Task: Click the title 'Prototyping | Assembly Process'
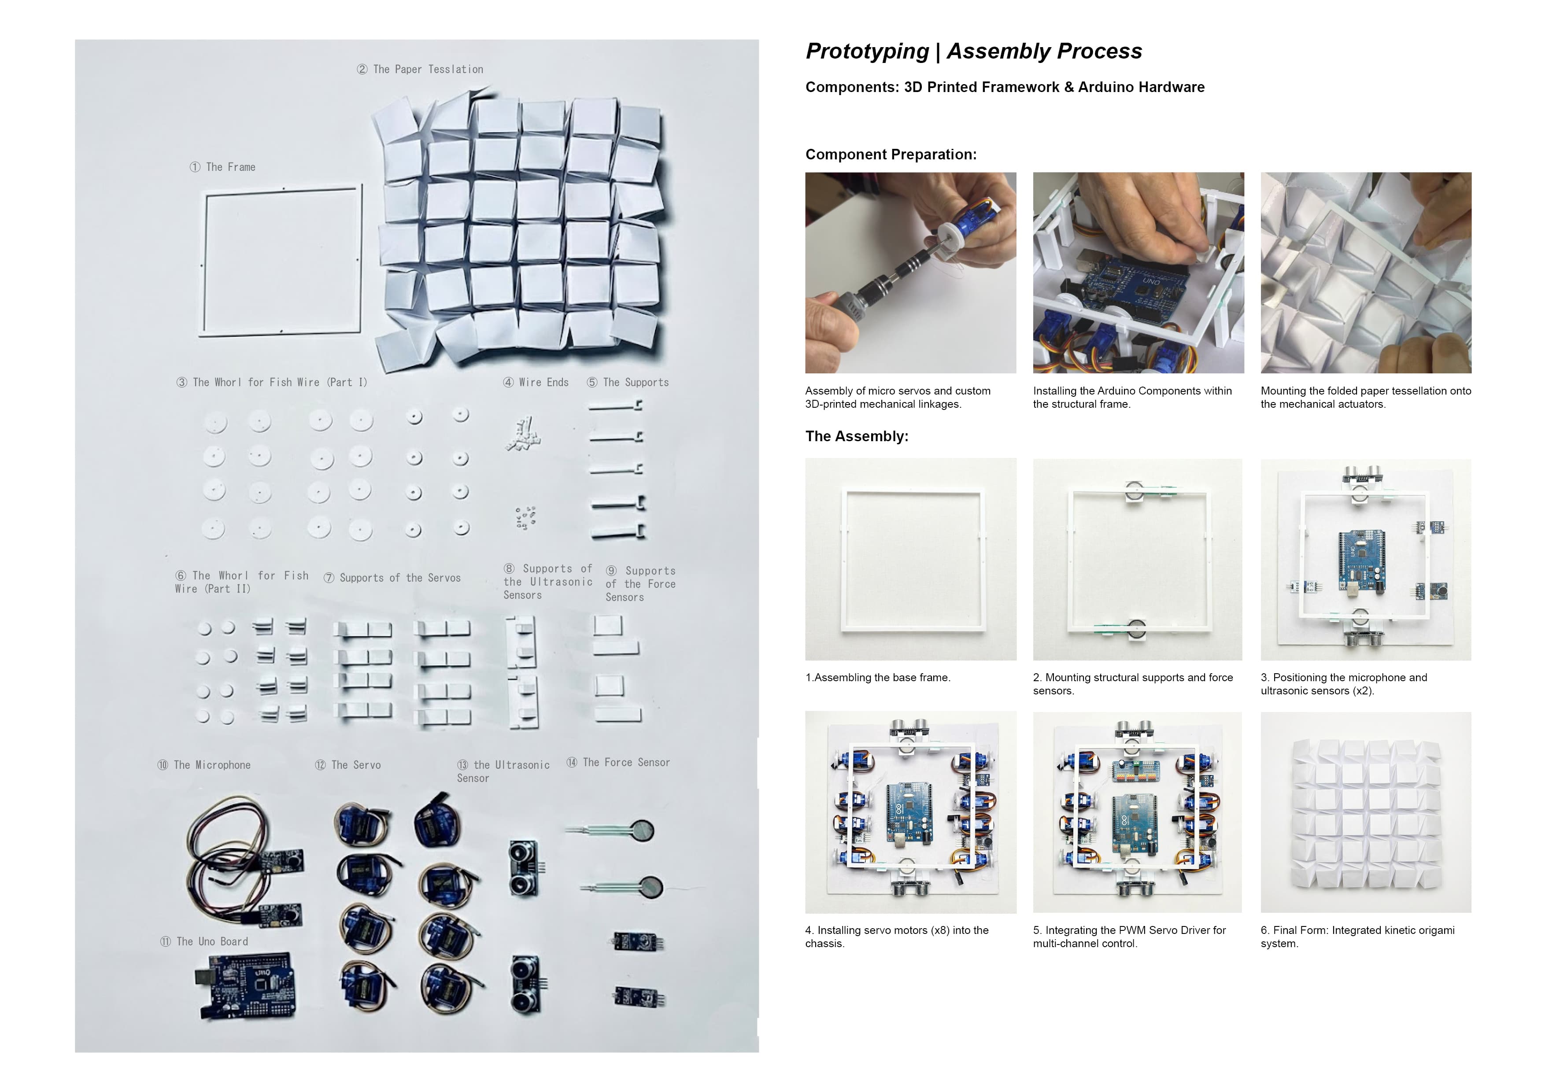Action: tap(974, 51)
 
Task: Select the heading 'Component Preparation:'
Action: tap(891, 155)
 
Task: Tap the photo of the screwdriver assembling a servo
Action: tap(910, 273)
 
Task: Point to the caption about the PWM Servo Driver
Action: tap(1129, 937)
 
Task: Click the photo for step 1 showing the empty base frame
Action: tap(910, 559)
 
